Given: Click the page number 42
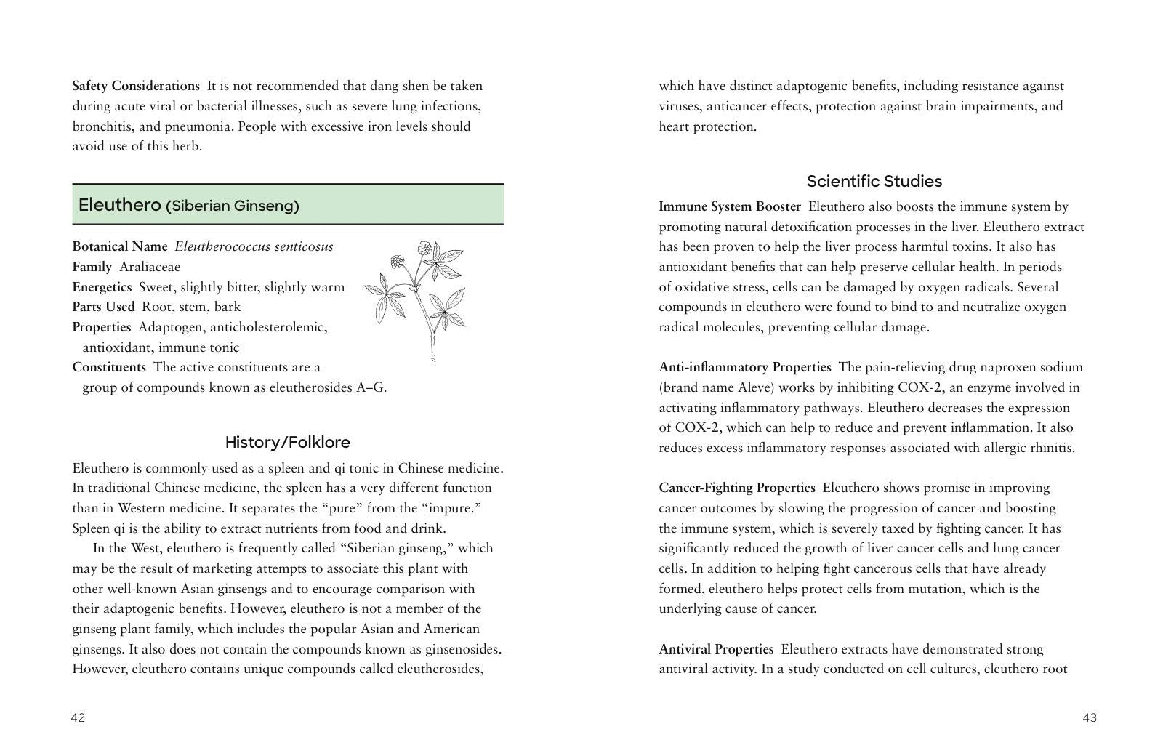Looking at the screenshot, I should pos(78,718).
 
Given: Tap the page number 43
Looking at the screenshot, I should pos(1090,718).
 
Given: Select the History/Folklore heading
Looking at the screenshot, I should pos(287,443).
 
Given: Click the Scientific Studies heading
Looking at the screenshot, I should pos(874,182).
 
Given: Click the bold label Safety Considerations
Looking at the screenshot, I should pos(136,86).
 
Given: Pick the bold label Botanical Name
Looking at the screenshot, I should pos(119,246).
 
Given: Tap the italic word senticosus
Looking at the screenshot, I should pos(301,246).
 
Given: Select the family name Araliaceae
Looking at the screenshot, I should pos(150,267).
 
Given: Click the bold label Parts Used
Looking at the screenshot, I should pos(103,307).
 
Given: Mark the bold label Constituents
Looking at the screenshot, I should pos(109,367).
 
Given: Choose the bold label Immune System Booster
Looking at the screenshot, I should pos(730,206).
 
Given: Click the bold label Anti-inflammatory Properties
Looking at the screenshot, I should pos(745,367).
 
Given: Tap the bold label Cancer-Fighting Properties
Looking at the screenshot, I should pos(737,488).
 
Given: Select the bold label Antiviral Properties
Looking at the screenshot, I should pos(716,649).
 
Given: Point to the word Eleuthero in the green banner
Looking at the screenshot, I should pos(119,205).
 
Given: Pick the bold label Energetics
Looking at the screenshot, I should pos(102,287).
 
